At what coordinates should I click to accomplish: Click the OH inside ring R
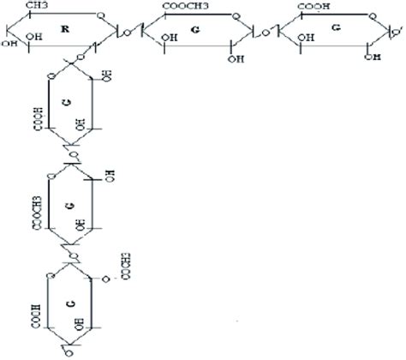click(33, 38)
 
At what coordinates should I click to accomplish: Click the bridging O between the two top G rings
click(266, 33)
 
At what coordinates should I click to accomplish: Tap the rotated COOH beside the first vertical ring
click(38, 118)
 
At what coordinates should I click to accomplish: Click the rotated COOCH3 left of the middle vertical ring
click(38, 213)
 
